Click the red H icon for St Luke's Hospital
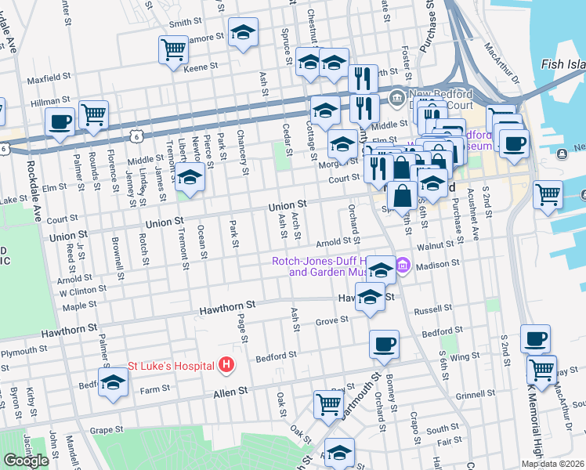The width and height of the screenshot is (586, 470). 226,365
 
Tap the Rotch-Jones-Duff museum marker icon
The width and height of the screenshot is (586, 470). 403,266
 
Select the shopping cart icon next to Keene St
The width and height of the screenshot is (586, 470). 173,49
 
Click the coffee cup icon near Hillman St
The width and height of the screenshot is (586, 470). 60,121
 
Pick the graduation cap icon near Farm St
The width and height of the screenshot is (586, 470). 114,383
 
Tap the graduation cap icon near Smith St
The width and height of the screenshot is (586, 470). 243,33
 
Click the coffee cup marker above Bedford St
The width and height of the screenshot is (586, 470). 384,344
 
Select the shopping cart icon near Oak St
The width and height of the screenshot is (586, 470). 328,404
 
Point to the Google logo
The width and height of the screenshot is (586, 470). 26,461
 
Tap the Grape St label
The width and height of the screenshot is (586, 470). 107,429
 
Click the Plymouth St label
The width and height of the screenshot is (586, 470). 18,352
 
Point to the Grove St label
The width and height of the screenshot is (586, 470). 331,320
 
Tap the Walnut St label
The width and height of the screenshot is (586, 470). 437,247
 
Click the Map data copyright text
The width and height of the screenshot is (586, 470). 552,464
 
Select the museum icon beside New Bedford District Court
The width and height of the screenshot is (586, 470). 397,97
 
